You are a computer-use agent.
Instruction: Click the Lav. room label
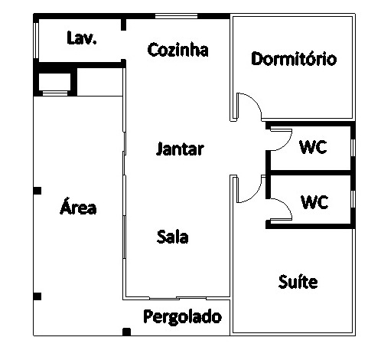coord(82,38)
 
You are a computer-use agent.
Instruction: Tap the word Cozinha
coord(177,50)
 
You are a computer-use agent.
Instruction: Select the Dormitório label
coord(294,59)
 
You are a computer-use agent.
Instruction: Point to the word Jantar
coord(180,149)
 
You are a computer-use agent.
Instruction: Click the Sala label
coord(173,237)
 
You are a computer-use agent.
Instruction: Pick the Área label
coord(78,206)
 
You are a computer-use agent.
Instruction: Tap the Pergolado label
coord(183,317)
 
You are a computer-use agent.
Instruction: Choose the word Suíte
coord(298,282)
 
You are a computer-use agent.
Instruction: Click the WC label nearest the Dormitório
coord(313,147)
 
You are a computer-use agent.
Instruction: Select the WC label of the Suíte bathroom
coord(314,202)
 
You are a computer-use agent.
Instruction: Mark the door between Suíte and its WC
coord(285,205)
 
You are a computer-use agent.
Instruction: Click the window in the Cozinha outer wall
coord(177,16)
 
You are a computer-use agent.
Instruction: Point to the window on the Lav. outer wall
coord(37,41)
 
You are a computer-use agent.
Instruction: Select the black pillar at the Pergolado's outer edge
coord(127,332)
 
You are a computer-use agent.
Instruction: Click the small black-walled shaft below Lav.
coord(55,82)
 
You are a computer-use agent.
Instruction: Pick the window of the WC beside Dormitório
coord(353,148)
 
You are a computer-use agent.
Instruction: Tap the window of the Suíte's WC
coord(353,199)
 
